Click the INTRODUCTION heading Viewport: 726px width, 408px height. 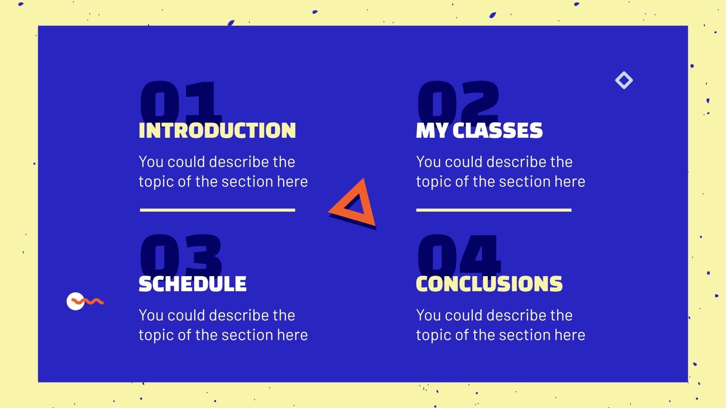click(x=217, y=131)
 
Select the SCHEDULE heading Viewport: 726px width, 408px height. click(x=192, y=284)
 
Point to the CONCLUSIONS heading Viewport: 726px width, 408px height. click(x=489, y=284)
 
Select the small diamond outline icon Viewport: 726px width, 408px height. click(x=624, y=80)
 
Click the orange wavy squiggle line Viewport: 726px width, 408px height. click(x=91, y=301)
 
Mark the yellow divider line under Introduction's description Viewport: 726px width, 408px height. click(x=217, y=210)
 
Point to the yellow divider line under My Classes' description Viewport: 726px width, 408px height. click(x=494, y=210)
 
